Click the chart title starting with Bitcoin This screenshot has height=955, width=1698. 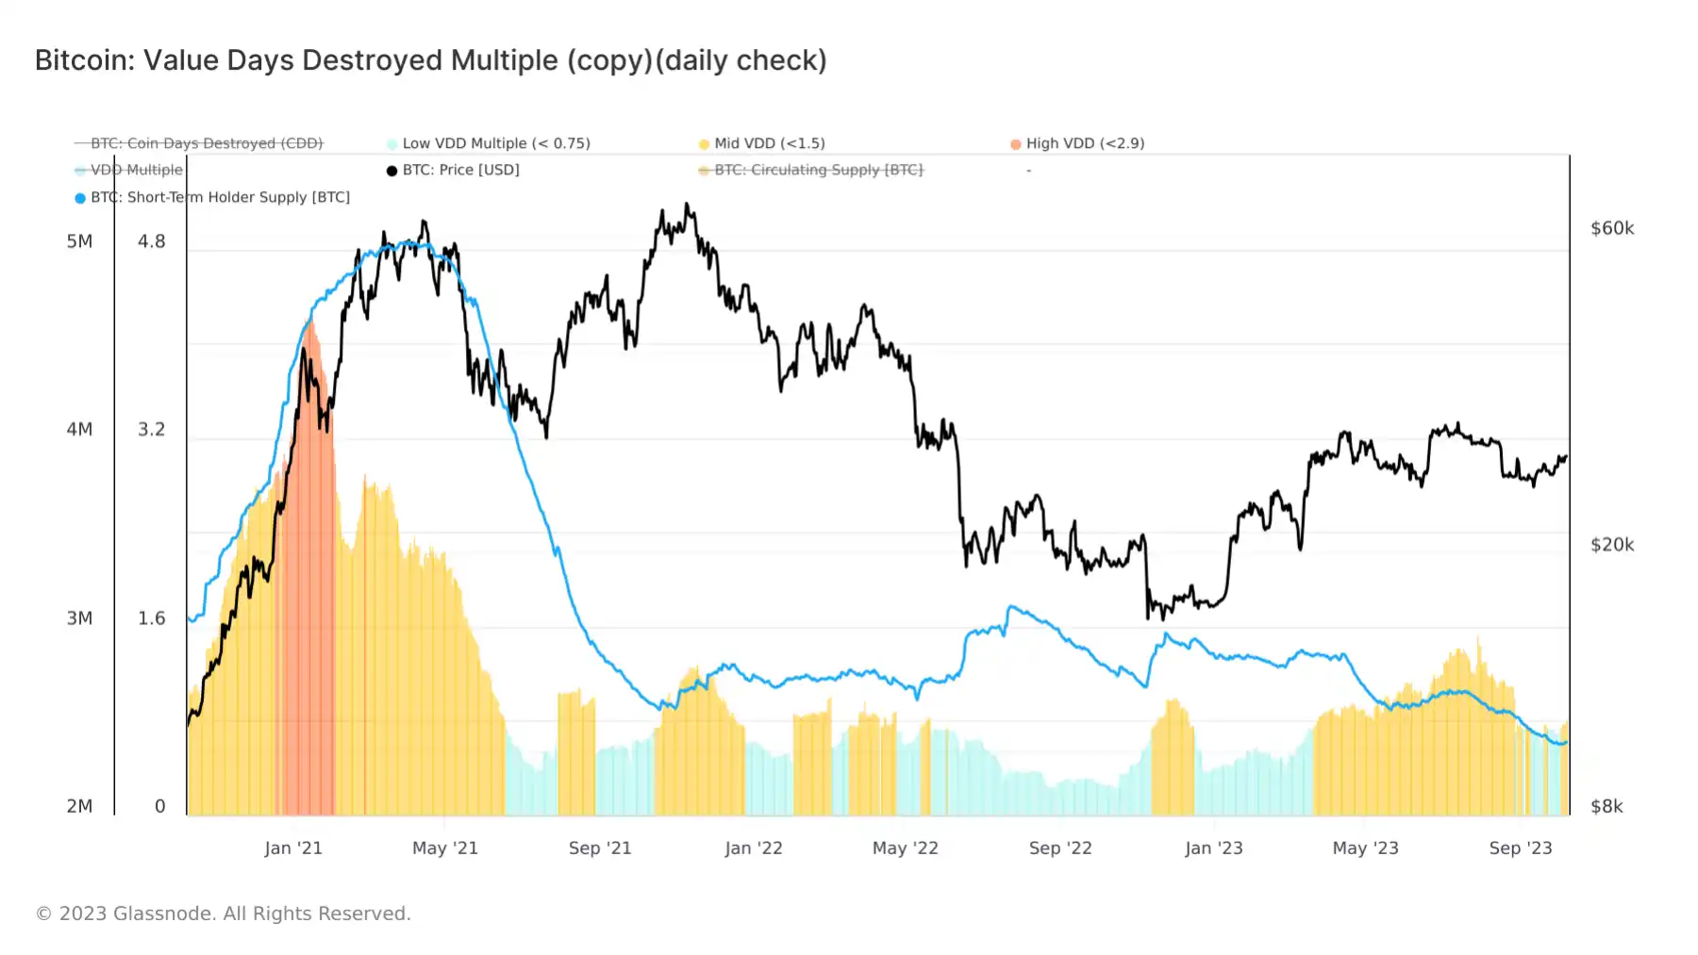pos(430,60)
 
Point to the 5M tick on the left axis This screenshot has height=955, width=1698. pos(79,241)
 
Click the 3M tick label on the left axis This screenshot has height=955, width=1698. pos(79,618)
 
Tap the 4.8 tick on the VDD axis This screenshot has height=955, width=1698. pos(151,241)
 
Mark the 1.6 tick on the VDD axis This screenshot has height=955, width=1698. pos(151,618)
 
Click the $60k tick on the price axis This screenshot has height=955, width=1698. pos(1612,228)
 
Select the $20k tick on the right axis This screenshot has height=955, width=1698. pos(1612,545)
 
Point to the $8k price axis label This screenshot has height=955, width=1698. pos(1606,806)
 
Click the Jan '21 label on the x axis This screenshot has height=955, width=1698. pos(293,848)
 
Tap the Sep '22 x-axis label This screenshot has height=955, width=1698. pos(1060,848)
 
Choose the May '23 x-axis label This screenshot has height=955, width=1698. pos(1365,848)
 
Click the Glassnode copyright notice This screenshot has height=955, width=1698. pos(223,914)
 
